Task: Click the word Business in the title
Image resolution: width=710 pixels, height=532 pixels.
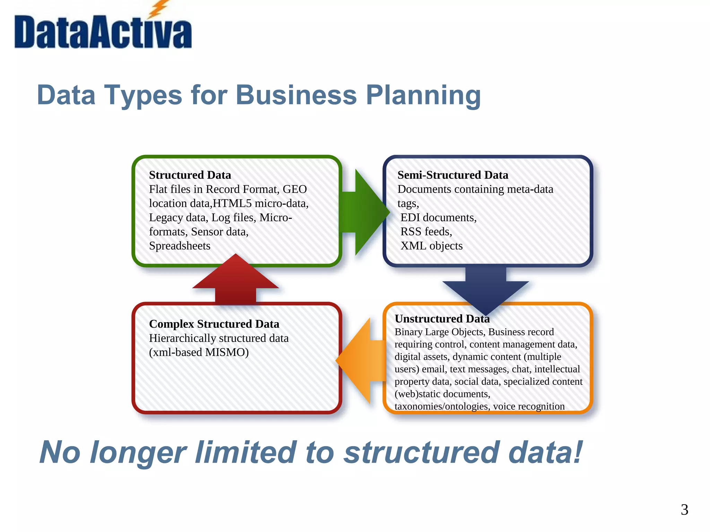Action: (x=296, y=95)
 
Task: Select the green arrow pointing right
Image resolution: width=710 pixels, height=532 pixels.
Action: (x=364, y=212)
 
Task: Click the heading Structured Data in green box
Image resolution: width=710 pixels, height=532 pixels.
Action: (x=190, y=175)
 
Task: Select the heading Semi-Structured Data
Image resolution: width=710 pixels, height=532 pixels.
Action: (x=452, y=175)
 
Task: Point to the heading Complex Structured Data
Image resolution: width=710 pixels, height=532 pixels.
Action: (x=214, y=324)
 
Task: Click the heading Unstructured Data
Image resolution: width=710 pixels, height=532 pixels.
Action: (x=442, y=319)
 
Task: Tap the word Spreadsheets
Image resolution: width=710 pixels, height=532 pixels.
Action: (x=180, y=246)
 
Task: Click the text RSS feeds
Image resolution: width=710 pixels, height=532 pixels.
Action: (x=426, y=231)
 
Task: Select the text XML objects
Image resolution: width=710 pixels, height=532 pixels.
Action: (x=431, y=246)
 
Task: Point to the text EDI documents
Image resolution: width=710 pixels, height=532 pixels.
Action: (x=438, y=218)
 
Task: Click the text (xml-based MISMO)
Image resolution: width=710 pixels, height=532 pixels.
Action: (x=199, y=352)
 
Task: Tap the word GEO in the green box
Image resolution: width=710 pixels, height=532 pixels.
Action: (x=295, y=189)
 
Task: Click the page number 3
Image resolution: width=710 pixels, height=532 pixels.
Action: (x=684, y=509)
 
